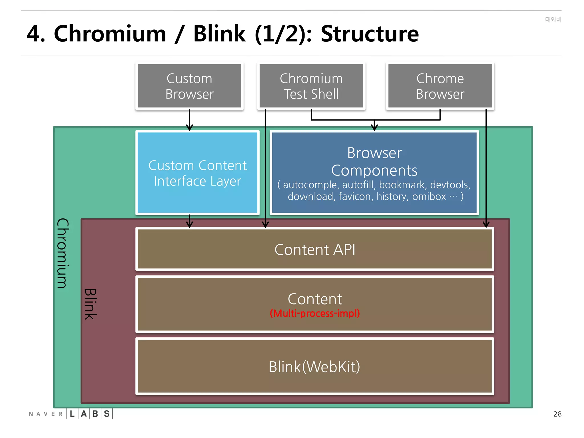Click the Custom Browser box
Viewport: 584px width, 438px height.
(x=189, y=86)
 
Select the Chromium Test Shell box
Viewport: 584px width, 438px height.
(x=311, y=86)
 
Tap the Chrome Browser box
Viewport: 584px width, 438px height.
(x=440, y=86)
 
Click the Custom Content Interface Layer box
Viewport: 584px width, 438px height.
(x=197, y=173)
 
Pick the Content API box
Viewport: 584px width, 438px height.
(x=315, y=250)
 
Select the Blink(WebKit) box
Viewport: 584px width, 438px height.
(x=315, y=366)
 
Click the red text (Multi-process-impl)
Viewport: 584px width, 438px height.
(x=315, y=313)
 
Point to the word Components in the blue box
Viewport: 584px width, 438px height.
(x=374, y=171)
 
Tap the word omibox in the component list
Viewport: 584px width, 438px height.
(x=429, y=196)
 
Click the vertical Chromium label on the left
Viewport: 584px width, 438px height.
(x=63, y=253)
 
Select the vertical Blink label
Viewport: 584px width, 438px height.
(x=91, y=304)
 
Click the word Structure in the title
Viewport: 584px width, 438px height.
(x=370, y=34)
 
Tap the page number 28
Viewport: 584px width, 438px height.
(x=557, y=414)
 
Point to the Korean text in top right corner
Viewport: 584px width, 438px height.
(x=553, y=19)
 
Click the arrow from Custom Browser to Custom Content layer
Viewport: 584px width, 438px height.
(x=190, y=120)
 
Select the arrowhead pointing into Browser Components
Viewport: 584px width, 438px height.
(x=374, y=127)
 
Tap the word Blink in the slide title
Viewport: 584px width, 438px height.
(x=219, y=34)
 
